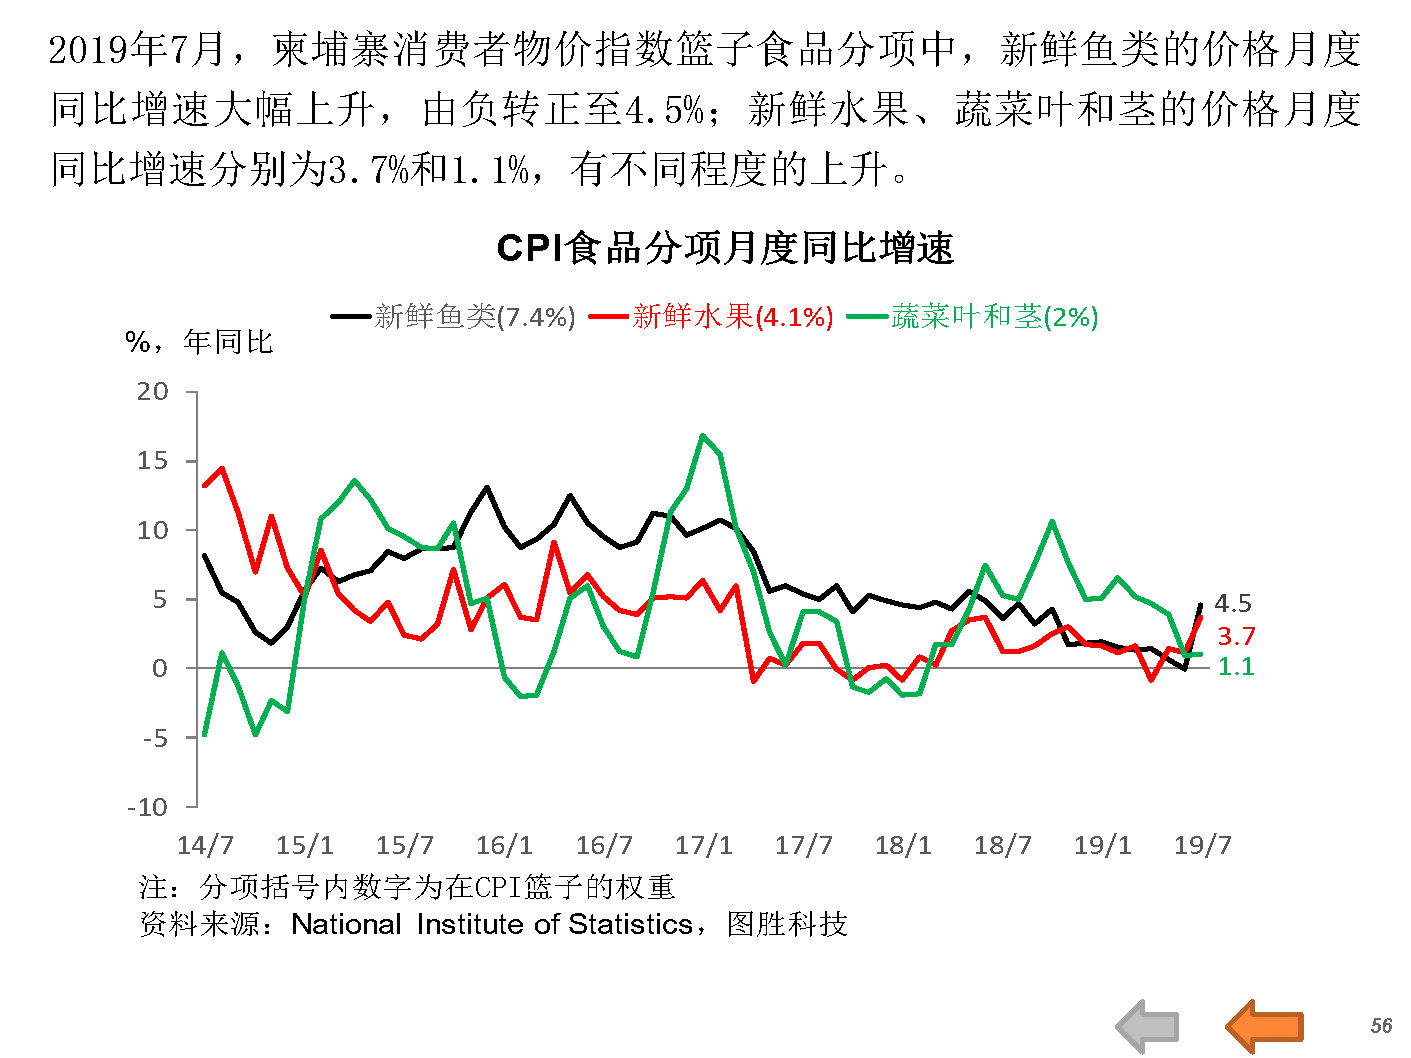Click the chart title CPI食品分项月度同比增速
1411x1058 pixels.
pos(725,248)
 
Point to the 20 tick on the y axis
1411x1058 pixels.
pos(153,391)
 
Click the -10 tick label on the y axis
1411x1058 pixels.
pos(148,807)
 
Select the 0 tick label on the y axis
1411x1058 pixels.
pos(160,668)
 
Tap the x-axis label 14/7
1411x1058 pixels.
pos(205,845)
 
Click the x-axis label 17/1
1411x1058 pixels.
pos(704,845)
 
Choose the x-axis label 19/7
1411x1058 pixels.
pos(1202,845)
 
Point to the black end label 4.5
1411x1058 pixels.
pos(1233,603)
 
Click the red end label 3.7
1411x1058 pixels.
pos(1236,636)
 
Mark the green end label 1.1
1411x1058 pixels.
pos(1236,666)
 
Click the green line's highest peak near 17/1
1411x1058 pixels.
pos(703,435)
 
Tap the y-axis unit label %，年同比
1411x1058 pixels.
pos(199,342)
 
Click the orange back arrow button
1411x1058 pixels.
pos(1265,1026)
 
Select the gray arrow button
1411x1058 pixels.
pos(1148,1026)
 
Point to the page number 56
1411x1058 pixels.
pos(1381,1026)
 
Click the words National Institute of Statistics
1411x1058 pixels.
pos(492,924)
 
